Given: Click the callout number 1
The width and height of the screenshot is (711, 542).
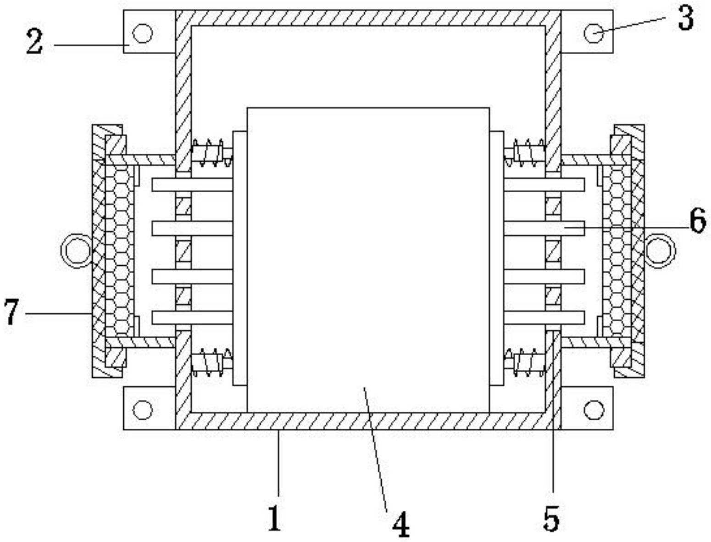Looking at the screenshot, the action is (x=275, y=518).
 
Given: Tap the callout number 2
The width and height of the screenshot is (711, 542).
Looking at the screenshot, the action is (x=34, y=44).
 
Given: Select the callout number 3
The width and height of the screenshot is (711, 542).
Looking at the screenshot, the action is (x=685, y=19).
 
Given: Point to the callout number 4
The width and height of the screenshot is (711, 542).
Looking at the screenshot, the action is (x=401, y=525).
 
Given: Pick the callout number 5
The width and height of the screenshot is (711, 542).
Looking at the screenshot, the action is (x=551, y=519).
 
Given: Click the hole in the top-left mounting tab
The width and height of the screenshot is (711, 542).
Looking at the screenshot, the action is (x=142, y=33).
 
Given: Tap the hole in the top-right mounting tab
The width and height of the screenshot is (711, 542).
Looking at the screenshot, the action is (x=594, y=33).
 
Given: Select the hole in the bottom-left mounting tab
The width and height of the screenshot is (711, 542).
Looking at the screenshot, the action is (x=142, y=409).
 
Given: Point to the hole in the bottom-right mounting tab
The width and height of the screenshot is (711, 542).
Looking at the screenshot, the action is (x=594, y=409).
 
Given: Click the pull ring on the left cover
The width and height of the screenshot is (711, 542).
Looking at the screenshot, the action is (x=76, y=251).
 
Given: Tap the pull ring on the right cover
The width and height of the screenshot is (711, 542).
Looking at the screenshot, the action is (x=660, y=251).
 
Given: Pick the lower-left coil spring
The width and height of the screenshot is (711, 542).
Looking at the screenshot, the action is (x=209, y=363).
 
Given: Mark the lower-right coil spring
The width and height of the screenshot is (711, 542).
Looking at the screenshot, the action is (x=528, y=363).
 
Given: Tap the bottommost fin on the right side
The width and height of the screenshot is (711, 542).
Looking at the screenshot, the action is (x=544, y=318).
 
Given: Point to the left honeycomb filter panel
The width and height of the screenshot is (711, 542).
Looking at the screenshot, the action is (x=119, y=251).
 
